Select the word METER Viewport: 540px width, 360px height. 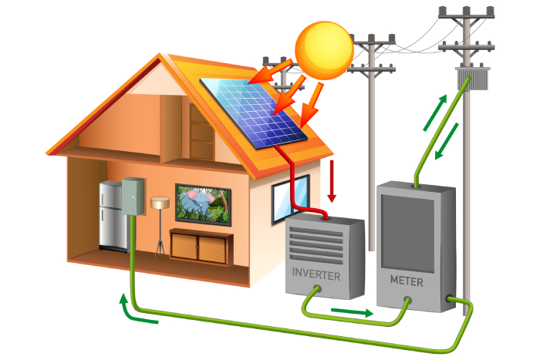pyautogui.click(x=406, y=281)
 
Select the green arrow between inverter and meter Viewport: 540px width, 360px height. pyautogui.click(x=351, y=312)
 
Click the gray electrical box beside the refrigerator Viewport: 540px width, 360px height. pyautogui.click(x=133, y=197)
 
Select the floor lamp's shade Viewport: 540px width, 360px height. pyautogui.click(x=160, y=202)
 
